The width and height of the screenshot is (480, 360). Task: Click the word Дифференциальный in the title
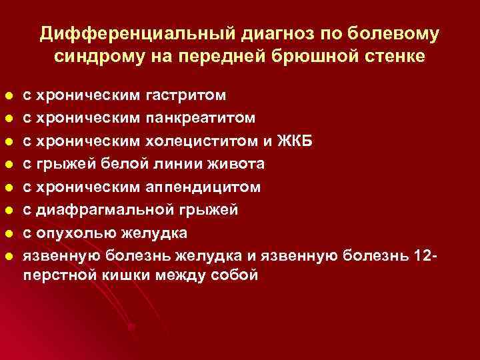coord(124,33)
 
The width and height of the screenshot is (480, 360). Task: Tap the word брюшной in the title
coord(322,57)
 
